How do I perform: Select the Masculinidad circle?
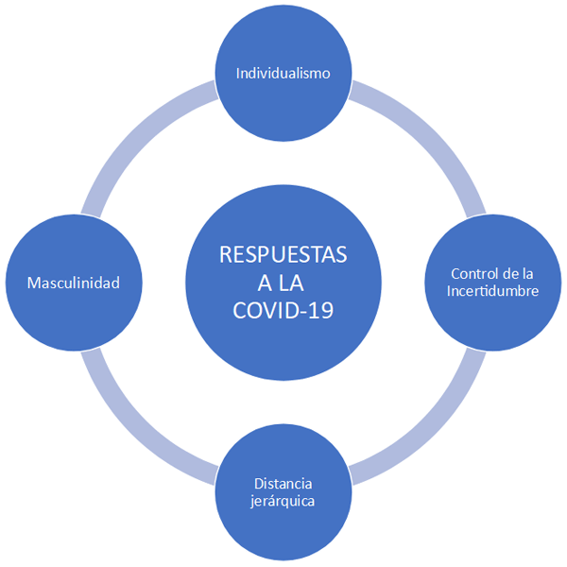pos(73,282)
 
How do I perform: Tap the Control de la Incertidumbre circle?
pos(492,283)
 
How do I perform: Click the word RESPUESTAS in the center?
pos(283,255)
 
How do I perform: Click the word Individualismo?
pos(283,73)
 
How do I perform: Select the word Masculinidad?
pos(73,282)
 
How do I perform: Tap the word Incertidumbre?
pos(492,291)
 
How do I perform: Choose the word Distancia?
pos(283,483)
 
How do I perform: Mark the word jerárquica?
pos(283,500)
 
